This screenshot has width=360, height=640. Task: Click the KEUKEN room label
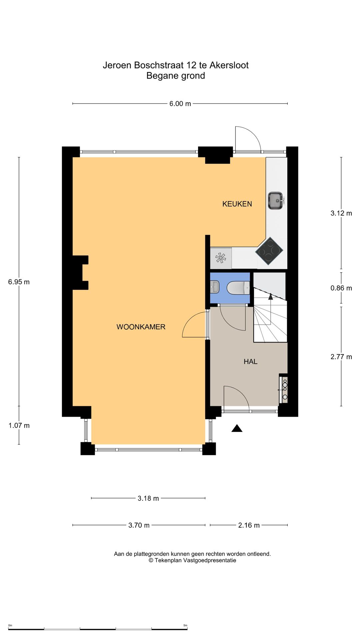237,204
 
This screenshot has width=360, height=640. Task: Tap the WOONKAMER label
141,327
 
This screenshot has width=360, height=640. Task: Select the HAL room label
250,361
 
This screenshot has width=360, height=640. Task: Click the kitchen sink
276,201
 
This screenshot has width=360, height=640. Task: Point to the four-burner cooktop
269,251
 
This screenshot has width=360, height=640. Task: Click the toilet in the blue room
238,288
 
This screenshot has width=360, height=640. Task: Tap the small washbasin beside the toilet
214,287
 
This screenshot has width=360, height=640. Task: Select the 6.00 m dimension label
180,104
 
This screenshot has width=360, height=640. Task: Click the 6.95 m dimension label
19,282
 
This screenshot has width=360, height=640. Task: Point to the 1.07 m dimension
19,425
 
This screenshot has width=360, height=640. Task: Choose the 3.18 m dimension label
148,498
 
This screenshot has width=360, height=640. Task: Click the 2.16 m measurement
249,525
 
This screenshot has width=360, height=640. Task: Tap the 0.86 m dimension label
341,288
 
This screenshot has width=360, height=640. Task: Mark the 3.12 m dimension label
341,213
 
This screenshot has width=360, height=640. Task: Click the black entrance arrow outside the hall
237,428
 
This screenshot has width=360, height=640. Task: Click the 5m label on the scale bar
185,625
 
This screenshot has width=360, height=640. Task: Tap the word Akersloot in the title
229,65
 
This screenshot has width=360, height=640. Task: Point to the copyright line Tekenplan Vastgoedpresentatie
192,560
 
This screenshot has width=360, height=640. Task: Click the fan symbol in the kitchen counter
221,258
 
